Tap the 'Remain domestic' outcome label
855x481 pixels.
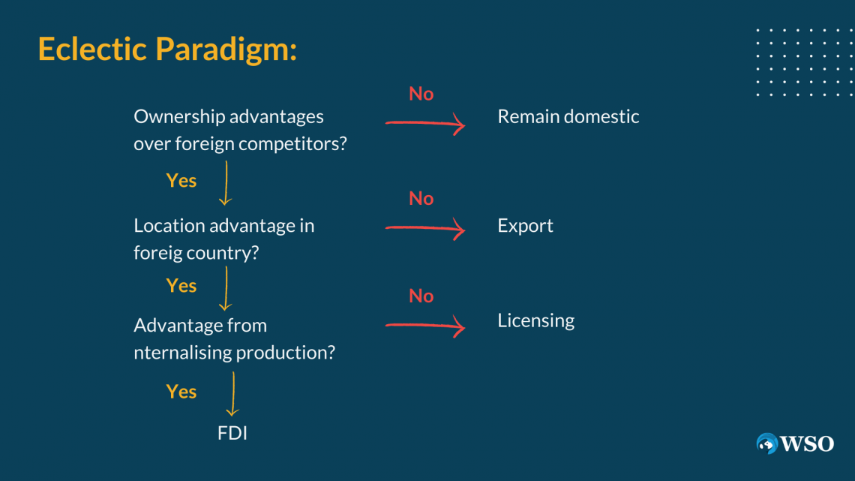568,116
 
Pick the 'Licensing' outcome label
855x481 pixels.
535,320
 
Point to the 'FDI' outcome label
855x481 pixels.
232,433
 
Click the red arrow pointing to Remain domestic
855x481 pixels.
425,124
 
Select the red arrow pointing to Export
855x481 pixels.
425,229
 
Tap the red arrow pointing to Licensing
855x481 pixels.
425,326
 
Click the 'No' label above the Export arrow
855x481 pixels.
421,199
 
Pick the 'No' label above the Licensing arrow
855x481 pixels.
421,296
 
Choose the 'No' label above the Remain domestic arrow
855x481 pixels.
421,94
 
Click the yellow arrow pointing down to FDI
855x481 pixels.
232,394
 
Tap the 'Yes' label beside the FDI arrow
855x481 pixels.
181,392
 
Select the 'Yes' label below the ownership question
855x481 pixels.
181,181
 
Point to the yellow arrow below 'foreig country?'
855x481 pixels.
226,288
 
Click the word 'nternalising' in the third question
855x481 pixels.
183,353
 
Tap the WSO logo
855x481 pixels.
795,443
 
